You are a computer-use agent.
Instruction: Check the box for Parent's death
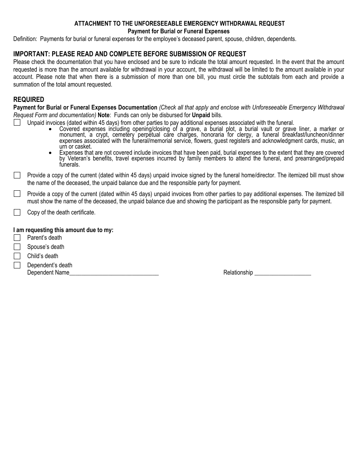(17, 238)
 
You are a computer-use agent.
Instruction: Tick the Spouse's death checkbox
(17, 247)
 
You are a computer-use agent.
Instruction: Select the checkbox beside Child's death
(17, 256)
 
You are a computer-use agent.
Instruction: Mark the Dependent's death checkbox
(17, 265)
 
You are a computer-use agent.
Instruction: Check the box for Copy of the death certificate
(17, 212)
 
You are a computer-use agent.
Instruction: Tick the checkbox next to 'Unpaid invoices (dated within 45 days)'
(17, 123)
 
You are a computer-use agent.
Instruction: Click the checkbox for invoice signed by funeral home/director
(17, 175)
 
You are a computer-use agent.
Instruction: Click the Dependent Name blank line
(114, 273)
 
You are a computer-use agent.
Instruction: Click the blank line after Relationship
(282, 273)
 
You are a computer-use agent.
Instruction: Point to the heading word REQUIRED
(29, 100)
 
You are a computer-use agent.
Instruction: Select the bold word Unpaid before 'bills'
(201, 115)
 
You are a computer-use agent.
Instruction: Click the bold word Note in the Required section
(103, 115)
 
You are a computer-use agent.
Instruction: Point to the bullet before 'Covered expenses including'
(51, 129)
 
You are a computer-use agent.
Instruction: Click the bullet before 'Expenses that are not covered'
(51, 153)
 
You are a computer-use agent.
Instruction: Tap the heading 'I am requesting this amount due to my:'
(63, 230)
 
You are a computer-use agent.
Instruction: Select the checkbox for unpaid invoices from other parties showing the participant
(17, 194)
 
